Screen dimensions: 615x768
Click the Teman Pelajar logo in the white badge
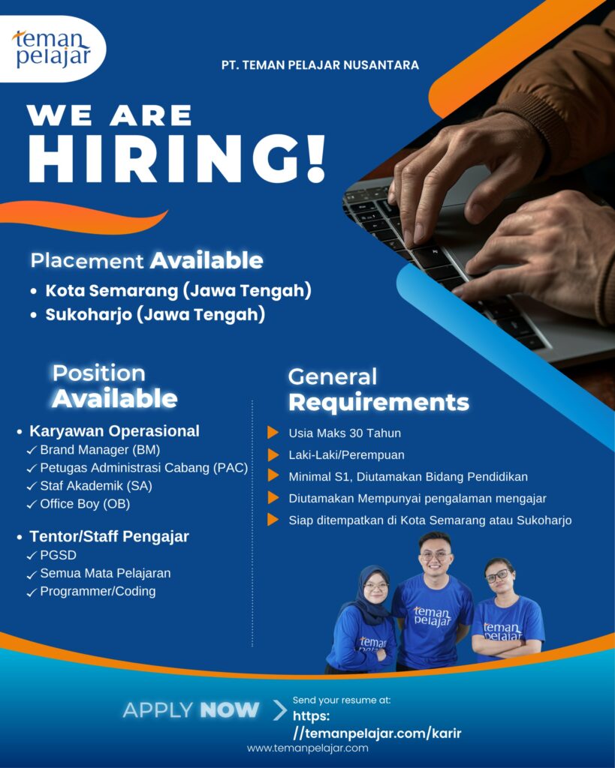click(x=52, y=49)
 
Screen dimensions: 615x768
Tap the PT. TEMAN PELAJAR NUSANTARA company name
click(x=320, y=65)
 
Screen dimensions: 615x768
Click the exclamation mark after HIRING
click(x=316, y=157)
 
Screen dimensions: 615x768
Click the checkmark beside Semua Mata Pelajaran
click(x=32, y=574)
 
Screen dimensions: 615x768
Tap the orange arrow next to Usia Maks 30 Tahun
click(x=273, y=433)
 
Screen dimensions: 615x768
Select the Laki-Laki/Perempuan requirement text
click(x=347, y=455)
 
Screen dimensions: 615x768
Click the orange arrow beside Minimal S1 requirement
click(x=273, y=475)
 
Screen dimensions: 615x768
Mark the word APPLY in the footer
click(x=158, y=710)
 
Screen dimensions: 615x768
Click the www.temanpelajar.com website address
click(x=308, y=748)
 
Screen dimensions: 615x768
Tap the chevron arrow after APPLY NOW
click(x=280, y=710)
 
